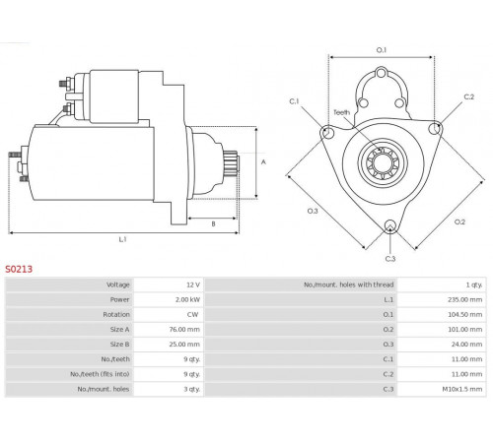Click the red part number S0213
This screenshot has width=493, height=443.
[x=19, y=270]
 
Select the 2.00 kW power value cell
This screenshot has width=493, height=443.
[x=187, y=299]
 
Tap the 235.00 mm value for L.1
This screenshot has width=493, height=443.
[x=464, y=299]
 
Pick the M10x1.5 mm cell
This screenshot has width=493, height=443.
[x=462, y=389]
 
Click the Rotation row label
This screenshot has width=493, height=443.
[x=116, y=314]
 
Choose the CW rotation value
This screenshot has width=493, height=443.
[x=192, y=314]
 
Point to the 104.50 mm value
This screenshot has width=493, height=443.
[x=464, y=314]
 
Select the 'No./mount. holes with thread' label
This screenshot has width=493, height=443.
[x=349, y=285]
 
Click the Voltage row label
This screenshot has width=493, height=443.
[x=118, y=285]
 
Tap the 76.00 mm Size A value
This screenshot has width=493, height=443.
[x=184, y=329]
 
